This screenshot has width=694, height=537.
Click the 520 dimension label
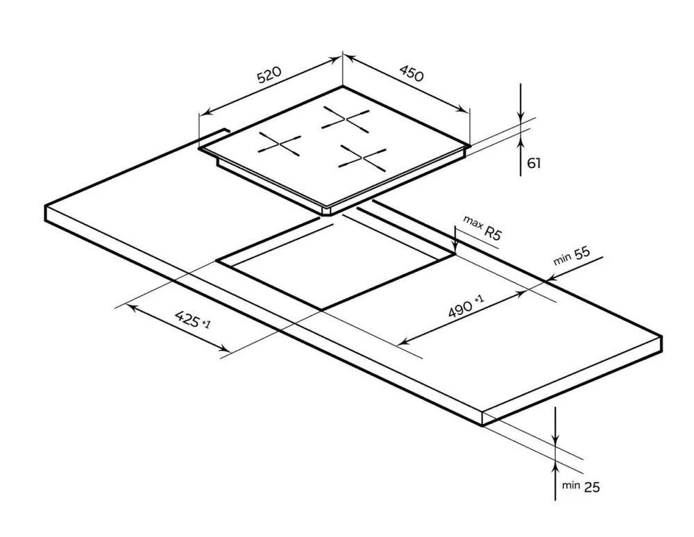(x=269, y=74)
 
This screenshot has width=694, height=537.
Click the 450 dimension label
(x=412, y=74)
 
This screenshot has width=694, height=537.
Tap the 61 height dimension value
(x=534, y=163)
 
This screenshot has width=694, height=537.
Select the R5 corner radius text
(x=493, y=232)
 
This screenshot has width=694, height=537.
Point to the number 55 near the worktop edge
(x=582, y=253)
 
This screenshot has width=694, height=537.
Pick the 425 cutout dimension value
(x=187, y=318)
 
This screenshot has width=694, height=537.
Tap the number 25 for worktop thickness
(x=592, y=487)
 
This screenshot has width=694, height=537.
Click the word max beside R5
(x=473, y=223)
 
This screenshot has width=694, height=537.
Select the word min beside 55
(x=562, y=259)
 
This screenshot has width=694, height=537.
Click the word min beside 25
(x=571, y=485)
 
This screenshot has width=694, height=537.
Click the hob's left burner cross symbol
(x=280, y=144)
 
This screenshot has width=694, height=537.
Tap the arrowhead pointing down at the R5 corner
(x=455, y=246)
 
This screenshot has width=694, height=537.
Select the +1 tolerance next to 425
(x=206, y=324)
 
